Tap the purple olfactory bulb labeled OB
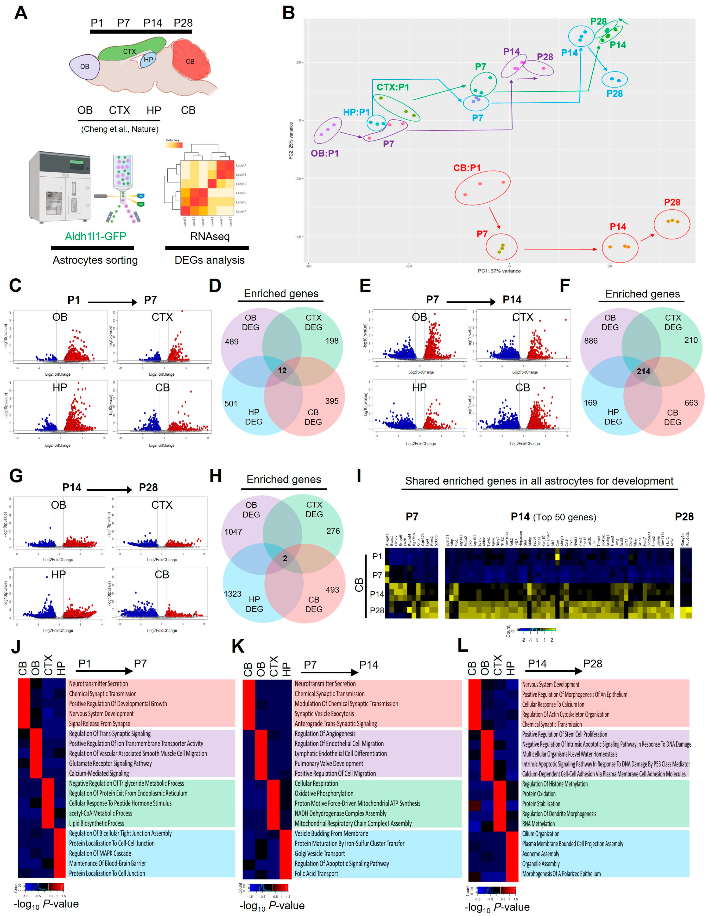point(84,66)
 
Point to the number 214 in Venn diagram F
point(643,371)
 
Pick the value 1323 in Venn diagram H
point(233,594)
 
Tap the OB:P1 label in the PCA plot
point(324,153)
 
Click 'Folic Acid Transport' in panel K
point(316,873)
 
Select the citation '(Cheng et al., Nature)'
point(120,129)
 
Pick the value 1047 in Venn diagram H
point(233,532)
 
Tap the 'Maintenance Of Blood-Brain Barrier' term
point(108,863)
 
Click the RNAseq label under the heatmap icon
point(210,236)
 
